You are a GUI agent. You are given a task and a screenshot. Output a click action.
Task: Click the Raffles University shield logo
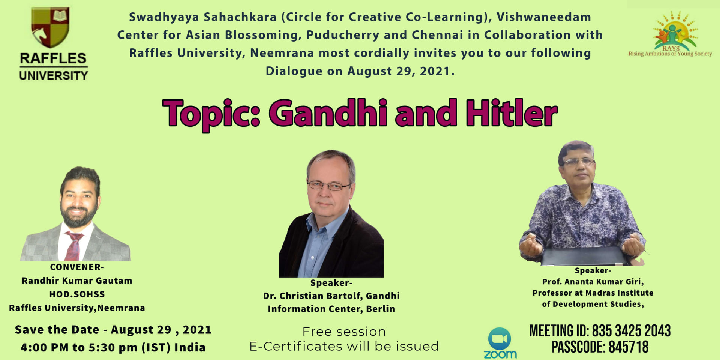click(50, 27)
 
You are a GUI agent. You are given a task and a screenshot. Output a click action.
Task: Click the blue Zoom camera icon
click(499, 339)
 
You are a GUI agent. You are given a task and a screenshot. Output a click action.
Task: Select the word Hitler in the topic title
click(511, 113)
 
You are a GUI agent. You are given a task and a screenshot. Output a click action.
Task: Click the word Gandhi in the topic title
click(328, 113)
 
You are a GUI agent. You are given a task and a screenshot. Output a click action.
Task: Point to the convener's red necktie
click(73, 246)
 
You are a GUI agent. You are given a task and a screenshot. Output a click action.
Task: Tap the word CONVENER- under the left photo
click(77, 267)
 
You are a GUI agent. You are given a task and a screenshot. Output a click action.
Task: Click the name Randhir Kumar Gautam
click(77, 280)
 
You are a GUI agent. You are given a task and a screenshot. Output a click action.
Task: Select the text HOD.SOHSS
click(77, 294)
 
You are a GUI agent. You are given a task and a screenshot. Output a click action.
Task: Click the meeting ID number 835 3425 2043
click(631, 331)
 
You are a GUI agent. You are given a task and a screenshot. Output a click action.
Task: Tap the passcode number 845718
click(628, 347)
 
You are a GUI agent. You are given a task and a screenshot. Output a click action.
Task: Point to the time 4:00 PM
click(45, 348)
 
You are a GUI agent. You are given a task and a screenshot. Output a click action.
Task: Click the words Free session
click(344, 331)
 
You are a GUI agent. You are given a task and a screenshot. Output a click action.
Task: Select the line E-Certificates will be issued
click(344, 346)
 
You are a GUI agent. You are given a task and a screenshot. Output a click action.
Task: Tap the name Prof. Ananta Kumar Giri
click(592, 282)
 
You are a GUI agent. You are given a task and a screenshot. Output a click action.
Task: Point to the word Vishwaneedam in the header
click(544, 17)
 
